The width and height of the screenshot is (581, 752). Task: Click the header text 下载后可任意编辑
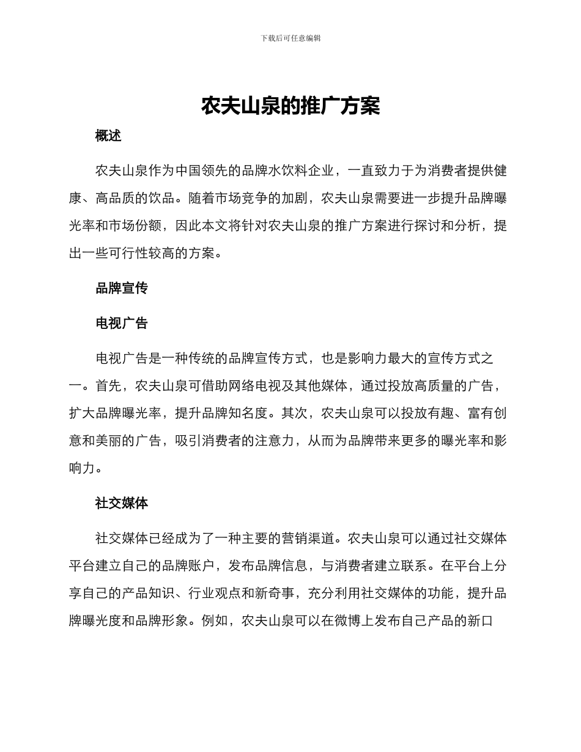click(x=290, y=38)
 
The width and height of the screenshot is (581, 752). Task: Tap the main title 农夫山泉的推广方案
click(x=290, y=106)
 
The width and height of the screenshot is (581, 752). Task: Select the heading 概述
click(x=108, y=136)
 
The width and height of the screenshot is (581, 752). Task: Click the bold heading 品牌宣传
click(x=122, y=289)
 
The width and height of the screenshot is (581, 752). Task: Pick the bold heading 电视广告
click(x=122, y=323)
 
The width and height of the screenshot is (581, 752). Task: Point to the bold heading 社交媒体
click(x=122, y=503)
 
